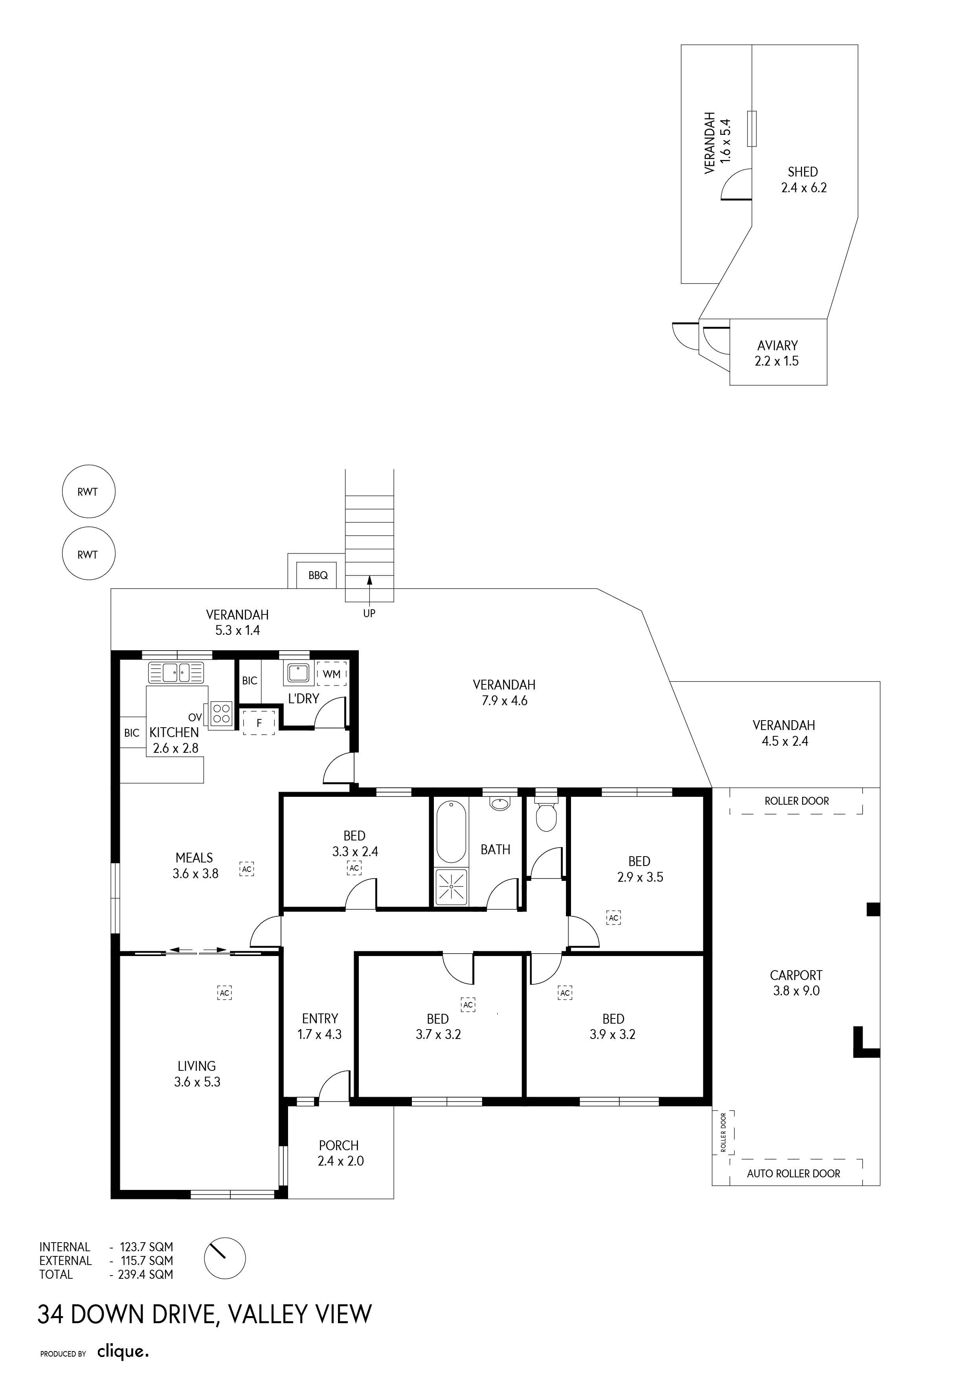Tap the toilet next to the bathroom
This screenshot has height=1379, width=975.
546,814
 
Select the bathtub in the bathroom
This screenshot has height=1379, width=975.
451,831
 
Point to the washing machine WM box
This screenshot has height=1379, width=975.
331,673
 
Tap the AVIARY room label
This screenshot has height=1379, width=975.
777,346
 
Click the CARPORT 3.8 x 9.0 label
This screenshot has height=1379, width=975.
796,983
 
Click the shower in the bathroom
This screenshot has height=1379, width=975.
451,886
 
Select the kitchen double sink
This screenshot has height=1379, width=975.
176,672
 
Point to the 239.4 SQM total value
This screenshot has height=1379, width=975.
145,1274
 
